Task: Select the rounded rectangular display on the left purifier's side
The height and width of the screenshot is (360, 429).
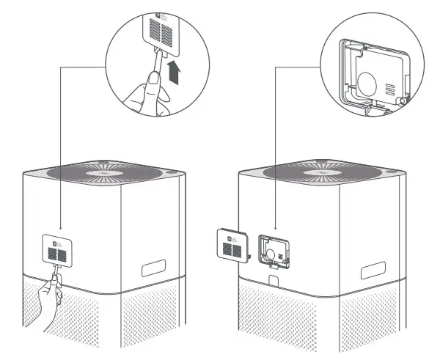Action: pos(155,266)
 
